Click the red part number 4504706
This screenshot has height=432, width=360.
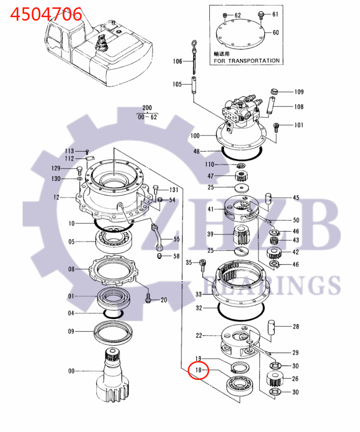point(46,14)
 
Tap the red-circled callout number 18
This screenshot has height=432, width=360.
point(198,370)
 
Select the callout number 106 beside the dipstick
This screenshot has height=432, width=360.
point(177,61)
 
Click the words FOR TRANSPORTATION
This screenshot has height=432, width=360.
point(247,60)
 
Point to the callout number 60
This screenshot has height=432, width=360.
point(276,32)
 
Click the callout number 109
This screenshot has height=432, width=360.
point(299,92)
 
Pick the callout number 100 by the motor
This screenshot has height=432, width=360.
point(195,135)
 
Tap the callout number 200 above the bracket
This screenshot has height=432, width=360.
point(147,108)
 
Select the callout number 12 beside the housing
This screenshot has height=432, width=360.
point(56,197)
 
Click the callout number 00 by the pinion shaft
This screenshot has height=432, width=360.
point(71,371)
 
